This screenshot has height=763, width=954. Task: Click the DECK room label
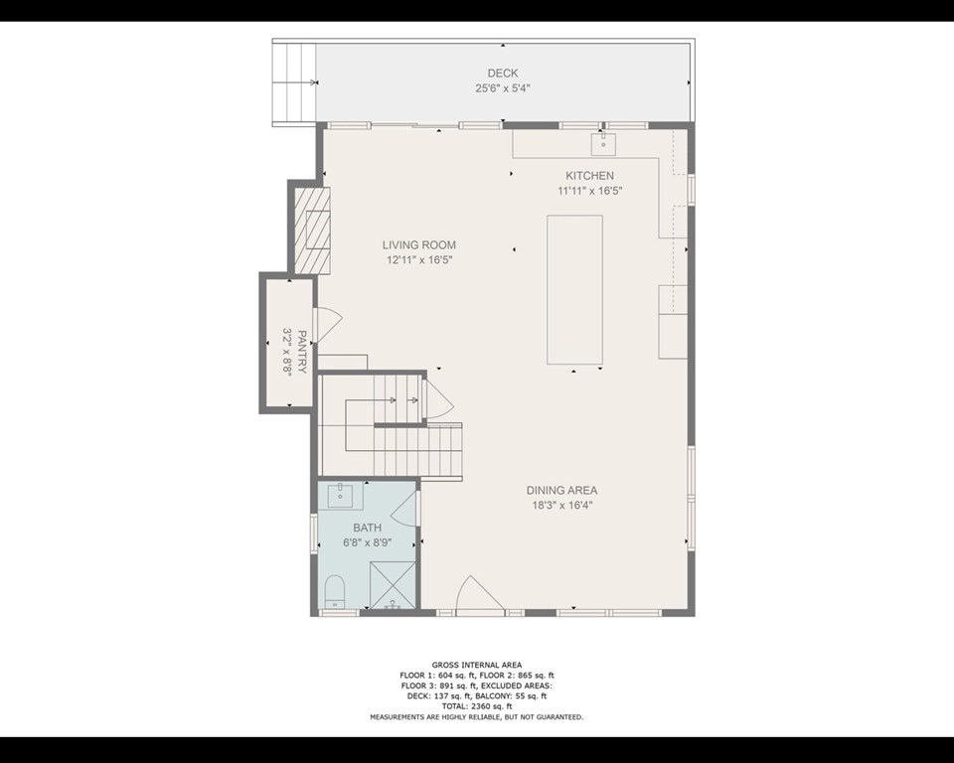tap(502, 73)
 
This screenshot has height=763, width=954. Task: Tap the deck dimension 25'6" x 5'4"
tap(502, 87)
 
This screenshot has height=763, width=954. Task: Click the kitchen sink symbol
tap(602, 144)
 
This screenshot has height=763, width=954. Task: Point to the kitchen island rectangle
tap(574, 290)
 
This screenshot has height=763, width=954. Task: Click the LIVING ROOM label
tap(419, 245)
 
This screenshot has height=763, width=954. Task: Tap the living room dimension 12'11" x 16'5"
tap(419, 260)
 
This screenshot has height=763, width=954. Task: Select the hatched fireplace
tap(312, 230)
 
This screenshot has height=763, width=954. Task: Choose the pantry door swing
tap(328, 322)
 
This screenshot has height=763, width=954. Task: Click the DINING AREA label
tap(561, 490)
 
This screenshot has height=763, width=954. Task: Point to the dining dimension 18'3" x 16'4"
tap(561, 505)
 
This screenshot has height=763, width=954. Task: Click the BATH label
tap(367, 528)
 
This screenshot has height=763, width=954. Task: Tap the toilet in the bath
tap(334, 591)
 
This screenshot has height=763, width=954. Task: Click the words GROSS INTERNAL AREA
tap(476, 665)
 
